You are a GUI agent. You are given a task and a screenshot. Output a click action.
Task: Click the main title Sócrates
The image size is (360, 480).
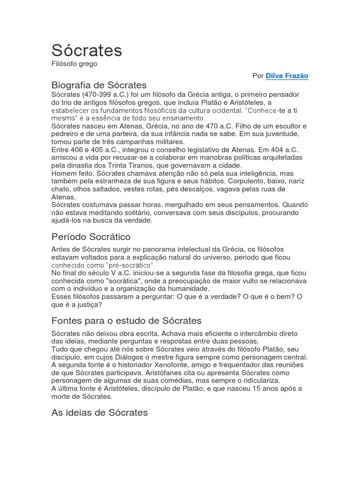87,50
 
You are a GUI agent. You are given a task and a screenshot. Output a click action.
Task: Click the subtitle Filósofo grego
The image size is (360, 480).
74,64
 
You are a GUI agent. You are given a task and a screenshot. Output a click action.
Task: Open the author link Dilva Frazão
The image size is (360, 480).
287,76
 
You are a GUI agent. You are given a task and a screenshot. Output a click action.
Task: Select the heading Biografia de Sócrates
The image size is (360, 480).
99,85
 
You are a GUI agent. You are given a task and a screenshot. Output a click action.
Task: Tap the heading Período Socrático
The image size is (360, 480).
91,237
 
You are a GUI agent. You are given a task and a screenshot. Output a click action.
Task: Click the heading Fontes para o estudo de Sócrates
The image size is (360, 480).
126,321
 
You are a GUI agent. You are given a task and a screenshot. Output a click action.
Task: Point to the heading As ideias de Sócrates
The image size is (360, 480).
99,412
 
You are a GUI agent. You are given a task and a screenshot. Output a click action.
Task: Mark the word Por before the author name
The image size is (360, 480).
258,76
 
